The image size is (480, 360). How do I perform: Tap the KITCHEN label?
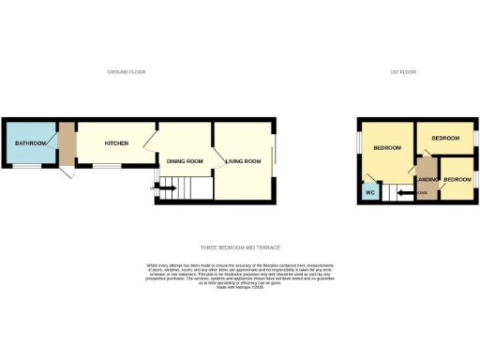tap(116, 142)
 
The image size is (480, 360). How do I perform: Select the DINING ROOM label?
tap(185, 161)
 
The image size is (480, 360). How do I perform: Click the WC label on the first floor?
tap(369, 193)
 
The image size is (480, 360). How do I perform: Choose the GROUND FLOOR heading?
tap(126, 72)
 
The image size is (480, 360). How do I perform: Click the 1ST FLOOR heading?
tap(404, 72)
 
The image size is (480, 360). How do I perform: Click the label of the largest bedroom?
tap(387, 148)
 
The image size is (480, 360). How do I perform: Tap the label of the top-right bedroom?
tap(445, 138)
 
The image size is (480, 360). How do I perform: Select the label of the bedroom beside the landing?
tap(457, 179)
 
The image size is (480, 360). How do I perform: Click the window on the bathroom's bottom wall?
tap(27, 167)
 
